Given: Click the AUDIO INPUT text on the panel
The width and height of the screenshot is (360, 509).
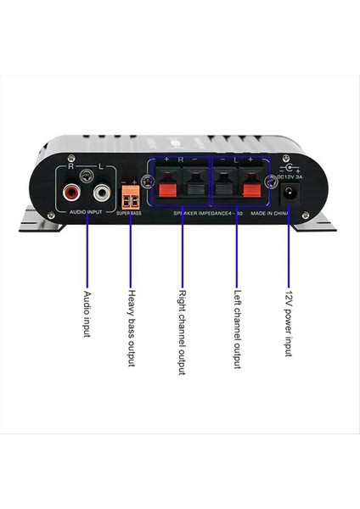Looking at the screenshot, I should click(86, 210).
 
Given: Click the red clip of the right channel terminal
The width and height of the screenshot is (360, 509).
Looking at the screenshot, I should click(169, 187).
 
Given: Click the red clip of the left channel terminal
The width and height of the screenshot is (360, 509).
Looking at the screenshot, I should click(251, 187).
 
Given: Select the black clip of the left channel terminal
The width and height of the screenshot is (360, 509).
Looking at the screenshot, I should click(223, 187).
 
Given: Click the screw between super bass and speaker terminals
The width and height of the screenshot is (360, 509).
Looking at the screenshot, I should click(147, 183).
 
